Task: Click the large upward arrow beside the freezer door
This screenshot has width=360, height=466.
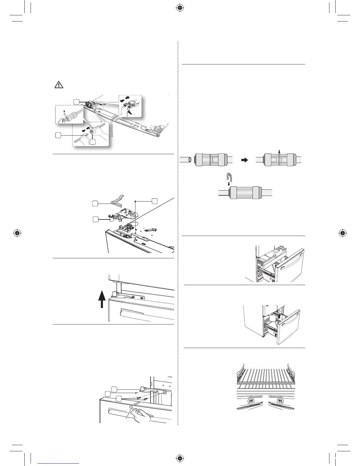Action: [102, 299]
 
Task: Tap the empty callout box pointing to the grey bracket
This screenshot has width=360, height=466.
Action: [95, 203]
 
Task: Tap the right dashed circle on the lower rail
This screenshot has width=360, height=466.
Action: [280, 401]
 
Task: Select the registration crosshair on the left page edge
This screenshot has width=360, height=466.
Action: [17, 233]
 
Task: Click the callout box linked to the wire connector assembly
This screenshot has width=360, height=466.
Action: [76, 101]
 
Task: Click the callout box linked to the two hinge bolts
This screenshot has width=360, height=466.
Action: [118, 398]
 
